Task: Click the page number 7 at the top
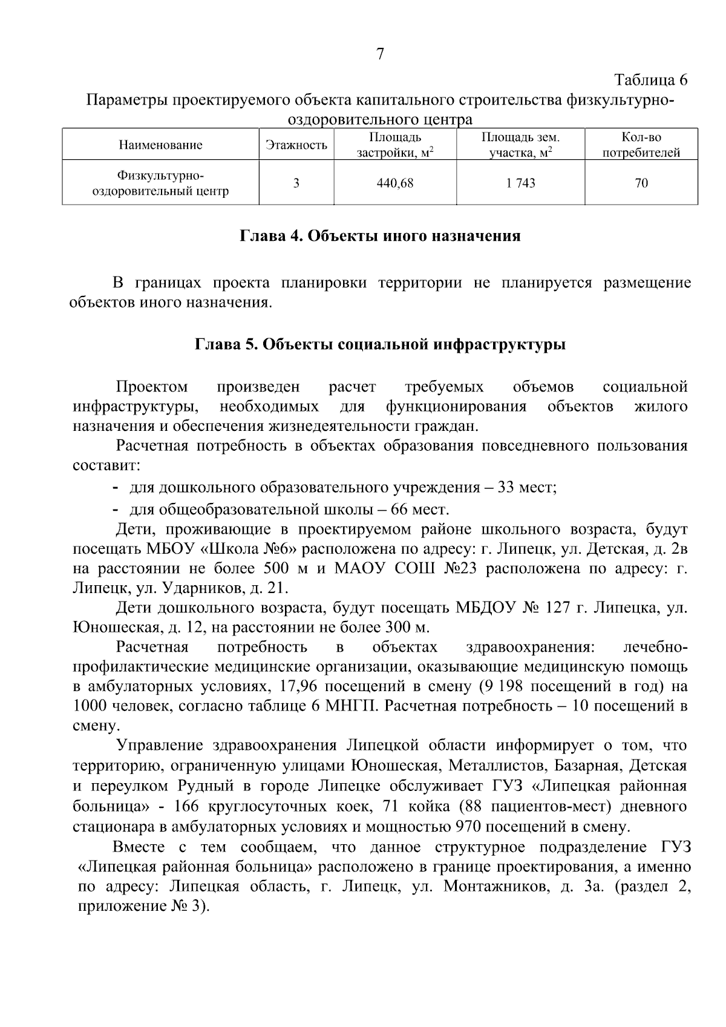(380, 54)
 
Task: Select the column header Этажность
(296, 145)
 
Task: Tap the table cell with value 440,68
(395, 183)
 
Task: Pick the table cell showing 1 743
(520, 183)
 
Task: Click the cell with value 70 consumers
(641, 183)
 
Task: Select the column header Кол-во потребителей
(641, 145)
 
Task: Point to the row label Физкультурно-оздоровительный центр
(160, 183)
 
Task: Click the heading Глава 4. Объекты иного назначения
(380, 236)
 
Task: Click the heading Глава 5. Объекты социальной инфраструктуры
(380, 345)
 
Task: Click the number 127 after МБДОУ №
(559, 607)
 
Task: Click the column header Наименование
(160, 145)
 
